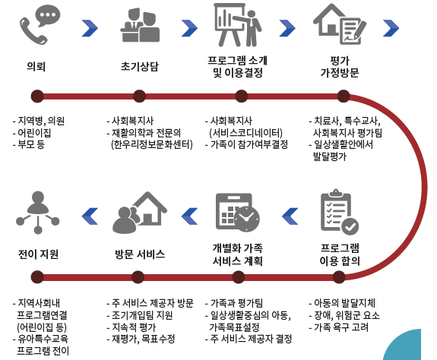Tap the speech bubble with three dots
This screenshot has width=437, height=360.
(x=48, y=15)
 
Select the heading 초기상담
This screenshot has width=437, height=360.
(x=139, y=66)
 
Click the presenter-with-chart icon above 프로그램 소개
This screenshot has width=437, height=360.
(x=237, y=24)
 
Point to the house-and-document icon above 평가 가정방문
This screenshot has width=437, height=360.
(x=339, y=24)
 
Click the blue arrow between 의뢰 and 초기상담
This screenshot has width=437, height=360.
(x=90, y=28)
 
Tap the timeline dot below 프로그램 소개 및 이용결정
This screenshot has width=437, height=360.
(x=242, y=96)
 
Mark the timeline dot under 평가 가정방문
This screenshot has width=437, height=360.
(x=344, y=96)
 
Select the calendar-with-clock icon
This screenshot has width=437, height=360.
(x=237, y=213)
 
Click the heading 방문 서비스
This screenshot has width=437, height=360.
(x=140, y=254)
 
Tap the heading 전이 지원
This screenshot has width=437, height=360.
(x=38, y=254)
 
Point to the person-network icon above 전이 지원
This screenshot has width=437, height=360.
(x=38, y=212)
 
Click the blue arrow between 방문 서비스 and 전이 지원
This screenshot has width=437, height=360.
(x=90, y=216)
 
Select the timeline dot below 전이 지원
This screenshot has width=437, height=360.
(x=37, y=277)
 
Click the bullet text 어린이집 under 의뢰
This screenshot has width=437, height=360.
(x=34, y=133)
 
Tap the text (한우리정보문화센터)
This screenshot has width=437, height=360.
(x=152, y=144)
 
